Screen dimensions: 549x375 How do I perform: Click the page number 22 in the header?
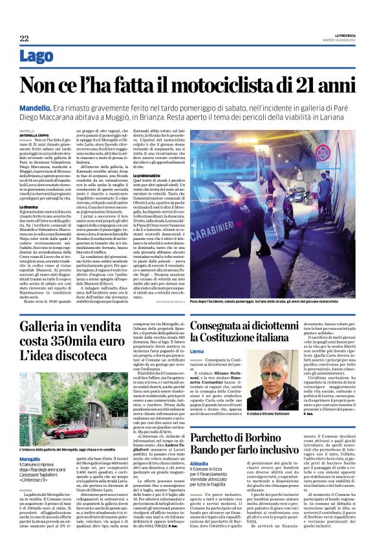(x=24, y=39)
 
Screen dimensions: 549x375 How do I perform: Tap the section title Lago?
(x=36, y=59)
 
